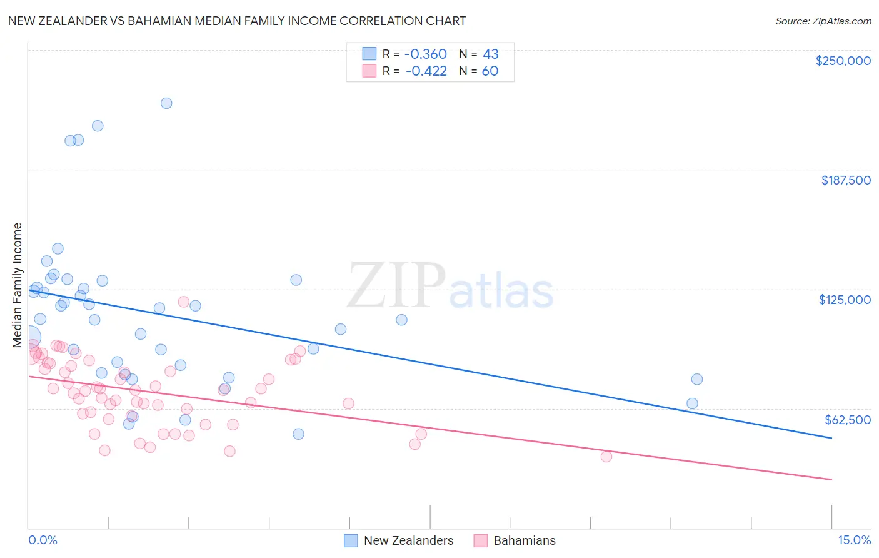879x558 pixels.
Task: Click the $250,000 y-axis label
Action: [x=843, y=61]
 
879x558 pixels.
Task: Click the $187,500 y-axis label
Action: [x=845, y=180]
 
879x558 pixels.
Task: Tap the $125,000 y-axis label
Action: [x=845, y=300]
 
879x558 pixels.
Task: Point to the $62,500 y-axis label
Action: [x=847, y=420]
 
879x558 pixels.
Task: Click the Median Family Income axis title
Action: [x=17, y=285]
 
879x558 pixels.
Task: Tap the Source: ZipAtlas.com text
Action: [x=823, y=21]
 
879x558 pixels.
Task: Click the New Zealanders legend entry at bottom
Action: [x=399, y=540]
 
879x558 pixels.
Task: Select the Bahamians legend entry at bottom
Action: [x=515, y=540]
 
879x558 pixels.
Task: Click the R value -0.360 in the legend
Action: [x=426, y=54]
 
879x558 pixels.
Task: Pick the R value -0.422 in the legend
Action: [x=426, y=71]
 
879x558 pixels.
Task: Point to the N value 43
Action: [x=490, y=54]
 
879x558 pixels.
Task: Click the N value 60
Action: [x=490, y=71]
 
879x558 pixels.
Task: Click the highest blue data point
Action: [x=166, y=103]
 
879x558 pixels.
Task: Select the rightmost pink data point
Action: [x=606, y=457]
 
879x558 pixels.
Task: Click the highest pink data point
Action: [x=184, y=302]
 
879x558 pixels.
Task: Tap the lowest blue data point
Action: [x=298, y=434]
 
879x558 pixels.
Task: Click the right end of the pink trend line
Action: [x=831, y=479]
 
